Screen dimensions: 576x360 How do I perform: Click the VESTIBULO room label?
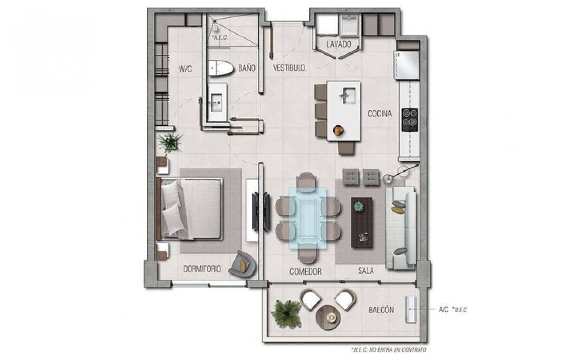pos(289,68)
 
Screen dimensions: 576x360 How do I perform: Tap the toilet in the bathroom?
pos(221,68)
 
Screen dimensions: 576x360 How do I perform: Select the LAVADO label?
pos(339,44)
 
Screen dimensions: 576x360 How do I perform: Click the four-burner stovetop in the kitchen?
pos(409,120)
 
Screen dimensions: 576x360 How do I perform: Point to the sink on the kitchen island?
pos(348,96)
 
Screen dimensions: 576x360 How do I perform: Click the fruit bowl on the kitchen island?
pos(338,130)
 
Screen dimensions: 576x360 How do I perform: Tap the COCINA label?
pos(380,114)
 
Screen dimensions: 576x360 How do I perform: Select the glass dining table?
pos(308,218)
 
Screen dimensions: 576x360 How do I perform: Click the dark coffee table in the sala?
pos(362,223)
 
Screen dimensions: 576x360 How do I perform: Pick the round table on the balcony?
pos(328,318)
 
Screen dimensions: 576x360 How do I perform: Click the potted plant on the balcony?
pos(286,314)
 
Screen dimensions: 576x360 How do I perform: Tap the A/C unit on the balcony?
pos(411,309)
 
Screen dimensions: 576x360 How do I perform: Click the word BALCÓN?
pos(381,310)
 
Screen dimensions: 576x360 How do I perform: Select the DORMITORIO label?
pos(202,269)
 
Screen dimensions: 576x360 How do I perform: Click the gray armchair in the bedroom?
pos(242,264)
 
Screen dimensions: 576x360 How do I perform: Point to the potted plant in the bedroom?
pos(170,143)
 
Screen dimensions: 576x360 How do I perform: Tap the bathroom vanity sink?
pos(216,103)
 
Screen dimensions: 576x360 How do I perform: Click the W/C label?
pos(185,69)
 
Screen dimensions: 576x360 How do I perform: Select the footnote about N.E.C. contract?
pos(389,350)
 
